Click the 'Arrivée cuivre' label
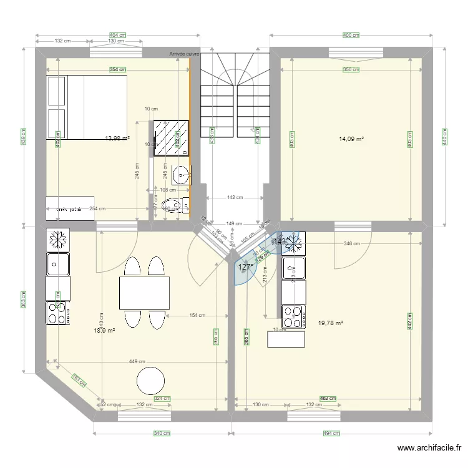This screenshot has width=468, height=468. tap(185, 54)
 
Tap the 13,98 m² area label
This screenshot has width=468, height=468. tap(117, 139)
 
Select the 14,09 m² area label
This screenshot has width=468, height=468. tap(351, 139)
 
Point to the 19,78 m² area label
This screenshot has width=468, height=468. tap(331, 323)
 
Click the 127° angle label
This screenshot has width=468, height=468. tap(246, 267)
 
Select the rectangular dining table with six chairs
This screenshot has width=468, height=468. tap(144, 292)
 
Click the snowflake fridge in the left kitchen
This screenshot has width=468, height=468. tap(58, 240)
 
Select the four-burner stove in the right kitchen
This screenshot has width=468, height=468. tap(293, 316)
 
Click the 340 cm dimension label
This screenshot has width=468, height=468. tap(162, 433)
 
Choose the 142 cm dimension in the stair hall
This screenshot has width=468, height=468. tap(235, 197)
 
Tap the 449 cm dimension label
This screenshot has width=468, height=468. tap(137, 361)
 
